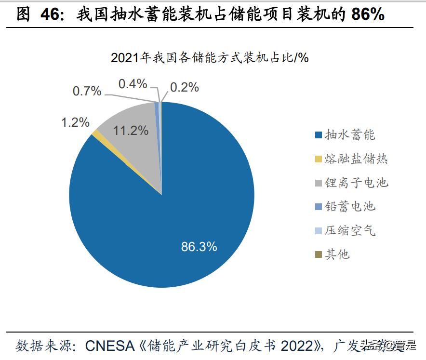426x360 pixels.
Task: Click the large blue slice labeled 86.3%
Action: coord(183,212)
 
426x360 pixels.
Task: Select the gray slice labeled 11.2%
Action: coord(135,145)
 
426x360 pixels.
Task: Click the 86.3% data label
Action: coord(199,247)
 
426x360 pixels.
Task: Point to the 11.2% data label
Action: coord(131,130)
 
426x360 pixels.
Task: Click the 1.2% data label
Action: coord(75,122)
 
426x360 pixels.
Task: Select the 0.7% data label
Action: coord(87,91)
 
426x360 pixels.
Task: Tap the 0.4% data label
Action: coord(133,84)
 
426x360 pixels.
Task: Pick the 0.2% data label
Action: coord(185,87)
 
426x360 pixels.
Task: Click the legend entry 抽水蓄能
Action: coord(349,135)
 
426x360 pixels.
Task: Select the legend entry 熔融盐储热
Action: coord(356,159)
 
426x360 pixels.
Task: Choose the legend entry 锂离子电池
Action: coord(356,183)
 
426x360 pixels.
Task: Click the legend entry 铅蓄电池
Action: coord(349,207)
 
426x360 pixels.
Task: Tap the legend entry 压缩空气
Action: coord(349,231)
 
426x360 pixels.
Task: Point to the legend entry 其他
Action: coord(337,254)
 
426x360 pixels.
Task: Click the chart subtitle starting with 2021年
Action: coord(210,58)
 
